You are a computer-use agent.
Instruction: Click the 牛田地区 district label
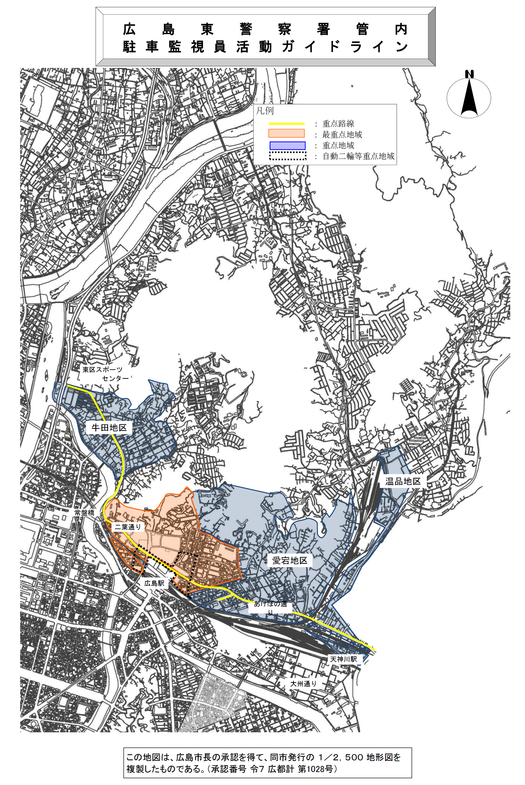[109, 428]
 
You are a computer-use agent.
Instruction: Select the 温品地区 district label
[403, 481]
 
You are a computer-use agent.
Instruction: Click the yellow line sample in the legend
[287, 124]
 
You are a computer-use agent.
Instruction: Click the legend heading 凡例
[265, 111]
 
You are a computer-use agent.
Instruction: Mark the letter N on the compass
[469, 74]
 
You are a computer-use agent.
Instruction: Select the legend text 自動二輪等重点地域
[358, 156]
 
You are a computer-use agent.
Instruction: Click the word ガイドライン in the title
[345, 47]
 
